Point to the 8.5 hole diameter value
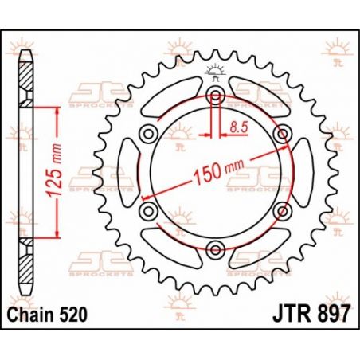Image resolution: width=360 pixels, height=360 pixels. pos(237,125)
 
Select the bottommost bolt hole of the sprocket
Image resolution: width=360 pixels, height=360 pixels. pos(214,249)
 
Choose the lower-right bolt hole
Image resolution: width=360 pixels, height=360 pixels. pos(280,211)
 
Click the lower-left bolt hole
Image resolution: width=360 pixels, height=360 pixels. pos(147,211)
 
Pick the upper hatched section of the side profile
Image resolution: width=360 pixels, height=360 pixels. pos(27,80)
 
